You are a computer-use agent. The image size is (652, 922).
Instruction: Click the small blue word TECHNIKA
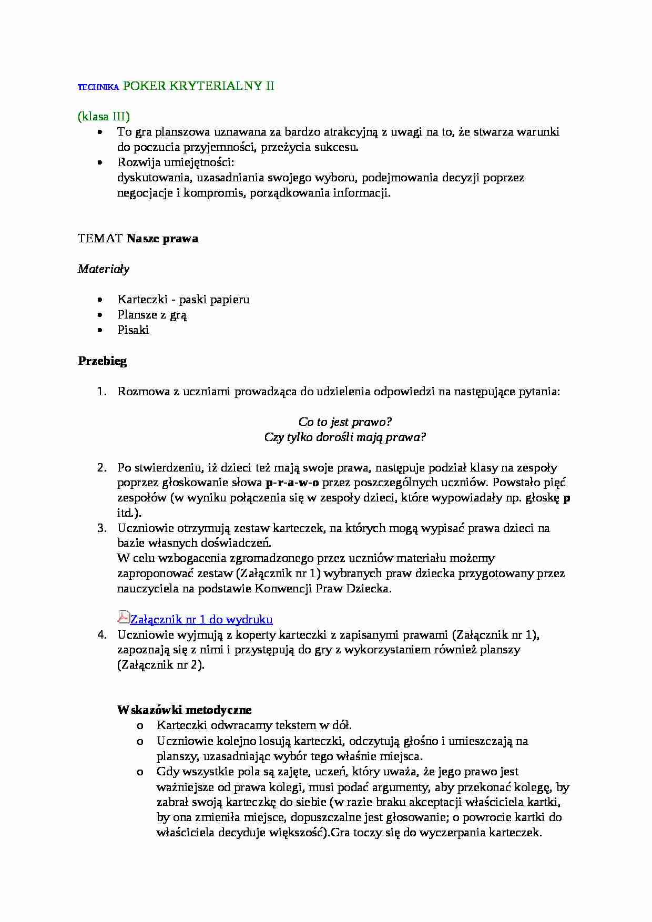pos(98,87)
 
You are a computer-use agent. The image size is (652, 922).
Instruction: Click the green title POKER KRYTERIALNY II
pos(198,86)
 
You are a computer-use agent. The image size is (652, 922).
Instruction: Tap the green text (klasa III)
pos(104,116)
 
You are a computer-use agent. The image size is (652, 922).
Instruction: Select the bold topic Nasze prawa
pos(162,238)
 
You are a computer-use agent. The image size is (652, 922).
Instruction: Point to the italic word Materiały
pos(104,269)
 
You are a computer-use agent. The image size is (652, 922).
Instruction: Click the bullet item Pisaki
pos(133,330)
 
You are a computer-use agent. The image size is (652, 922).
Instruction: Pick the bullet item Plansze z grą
pos(152,315)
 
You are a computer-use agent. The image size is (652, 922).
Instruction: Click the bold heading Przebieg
pos(103,361)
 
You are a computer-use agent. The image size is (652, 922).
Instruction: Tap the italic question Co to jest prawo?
pos(345,422)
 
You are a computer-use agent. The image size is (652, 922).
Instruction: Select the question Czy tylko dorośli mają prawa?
pos(345,437)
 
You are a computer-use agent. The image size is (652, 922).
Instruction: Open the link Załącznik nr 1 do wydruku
pos(201,619)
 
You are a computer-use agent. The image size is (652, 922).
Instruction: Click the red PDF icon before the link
pos(123,617)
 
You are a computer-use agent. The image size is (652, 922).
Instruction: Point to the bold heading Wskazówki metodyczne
pos(185,710)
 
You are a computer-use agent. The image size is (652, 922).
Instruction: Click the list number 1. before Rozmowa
pos(102,391)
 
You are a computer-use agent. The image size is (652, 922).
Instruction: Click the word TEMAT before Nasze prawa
pos(100,238)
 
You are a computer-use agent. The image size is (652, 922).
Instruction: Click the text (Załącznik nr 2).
pos(161,664)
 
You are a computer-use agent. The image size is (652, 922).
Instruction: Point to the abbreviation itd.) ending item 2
pos(129,513)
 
